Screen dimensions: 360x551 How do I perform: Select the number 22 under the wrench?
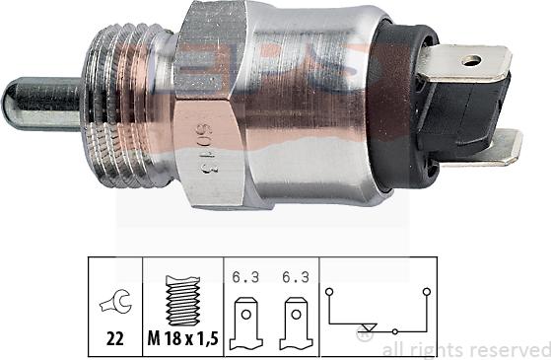tap(115, 337)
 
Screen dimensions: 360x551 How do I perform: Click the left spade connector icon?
tap(246, 322)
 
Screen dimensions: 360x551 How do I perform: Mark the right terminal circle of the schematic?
tap(426, 293)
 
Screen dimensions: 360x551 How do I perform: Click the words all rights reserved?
tap(463, 349)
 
